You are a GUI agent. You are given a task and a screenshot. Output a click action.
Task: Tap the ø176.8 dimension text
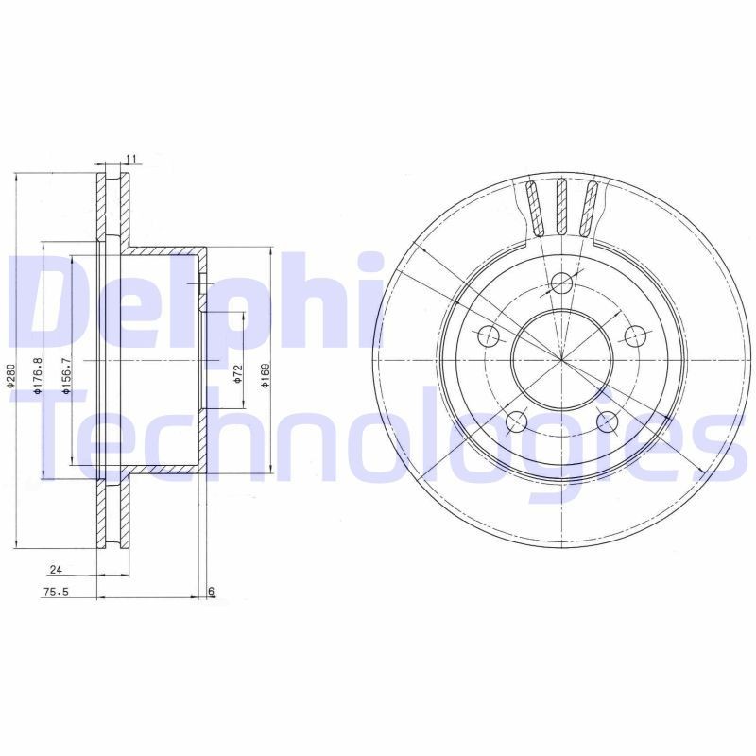(x=39, y=376)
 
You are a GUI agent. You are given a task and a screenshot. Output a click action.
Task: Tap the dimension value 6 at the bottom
(x=212, y=592)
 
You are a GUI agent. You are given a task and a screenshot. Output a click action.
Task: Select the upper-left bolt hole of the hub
(x=489, y=335)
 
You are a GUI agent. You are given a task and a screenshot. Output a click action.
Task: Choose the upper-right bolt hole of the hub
(x=636, y=335)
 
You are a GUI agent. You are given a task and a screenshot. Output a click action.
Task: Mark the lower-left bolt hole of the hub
(x=517, y=421)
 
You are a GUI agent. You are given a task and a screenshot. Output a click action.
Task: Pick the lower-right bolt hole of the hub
(x=608, y=421)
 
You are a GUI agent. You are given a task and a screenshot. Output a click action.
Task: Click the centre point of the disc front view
(x=562, y=359)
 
